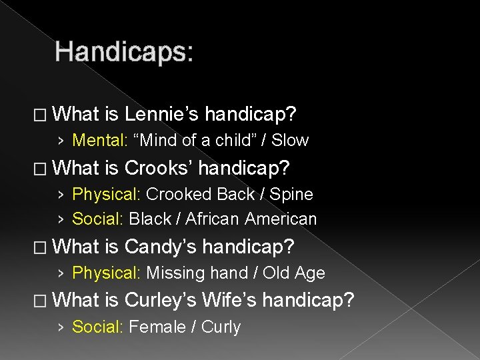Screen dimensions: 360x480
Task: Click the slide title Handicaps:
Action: tap(125, 52)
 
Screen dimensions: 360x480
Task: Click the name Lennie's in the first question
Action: tap(161, 115)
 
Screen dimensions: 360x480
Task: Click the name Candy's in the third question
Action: tap(161, 247)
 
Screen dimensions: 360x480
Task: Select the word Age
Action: tap(310, 273)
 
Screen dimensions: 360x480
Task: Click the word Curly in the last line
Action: tap(222, 327)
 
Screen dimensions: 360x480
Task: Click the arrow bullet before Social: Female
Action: tap(61, 327)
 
